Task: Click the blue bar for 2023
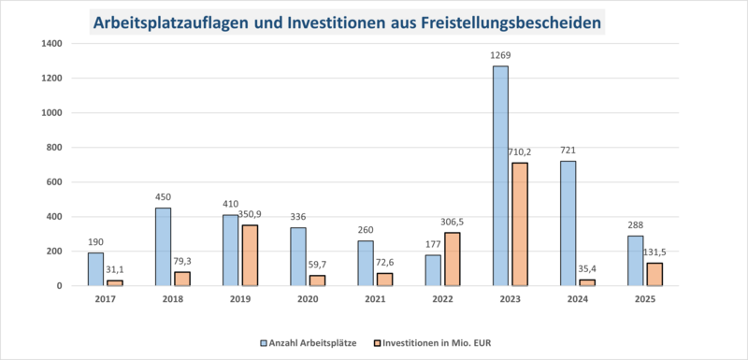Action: point(500,176)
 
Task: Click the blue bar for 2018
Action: point(163,247)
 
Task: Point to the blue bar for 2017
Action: point(95,269)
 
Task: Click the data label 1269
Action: point(500,56)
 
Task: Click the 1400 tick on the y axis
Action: point(52,44)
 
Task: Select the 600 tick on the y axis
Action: point(55,182)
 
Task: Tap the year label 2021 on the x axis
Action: point(375,299)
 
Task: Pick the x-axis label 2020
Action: point(308,299)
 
